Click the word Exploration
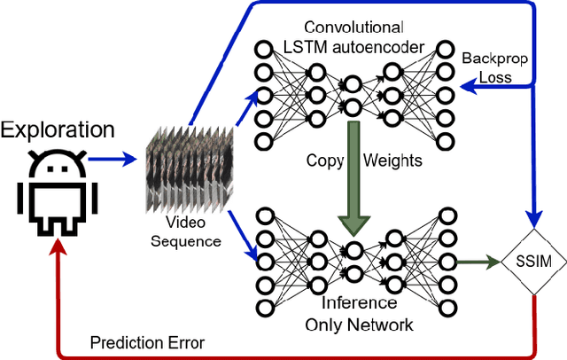[58, 130]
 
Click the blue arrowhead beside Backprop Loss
[462, 87]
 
